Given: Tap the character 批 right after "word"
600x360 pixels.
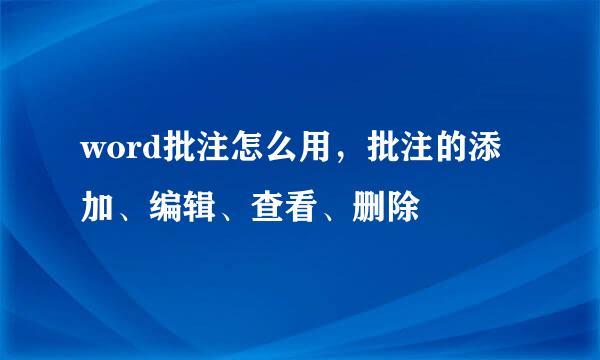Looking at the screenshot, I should [x=169, y=157].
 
